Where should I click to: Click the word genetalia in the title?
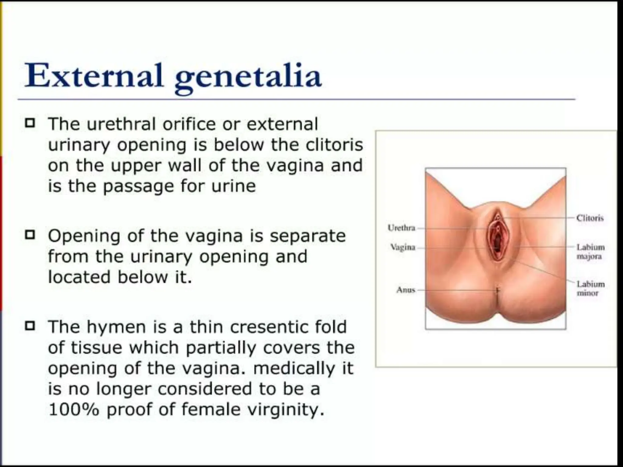(x=248, y=77)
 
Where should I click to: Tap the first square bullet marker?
(x=30, y=123)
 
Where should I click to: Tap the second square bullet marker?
(x=30, y=235)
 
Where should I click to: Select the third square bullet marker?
(x=30, y=326)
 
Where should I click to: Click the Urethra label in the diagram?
(x=401, y=228)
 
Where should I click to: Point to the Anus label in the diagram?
(x=405, y=290)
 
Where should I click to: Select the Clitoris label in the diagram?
(x=590, y=218)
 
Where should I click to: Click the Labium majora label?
(x=590, y=252)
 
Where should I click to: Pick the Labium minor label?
(x=590, y=288)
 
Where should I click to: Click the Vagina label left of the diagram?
(x=403, y=247)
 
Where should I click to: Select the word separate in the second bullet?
(x=308, y=236)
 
